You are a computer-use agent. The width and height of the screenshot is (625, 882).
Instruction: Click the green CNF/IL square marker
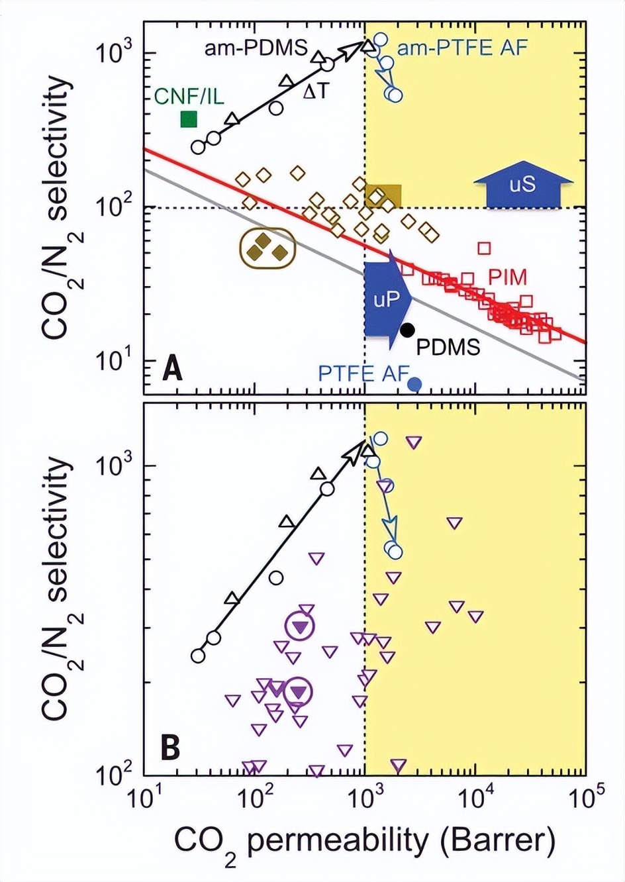189,119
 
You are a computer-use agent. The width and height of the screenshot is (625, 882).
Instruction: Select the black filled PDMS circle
407,329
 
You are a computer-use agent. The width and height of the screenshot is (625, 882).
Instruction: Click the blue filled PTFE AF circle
415,383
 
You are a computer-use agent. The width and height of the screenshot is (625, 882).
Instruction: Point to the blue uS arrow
522,185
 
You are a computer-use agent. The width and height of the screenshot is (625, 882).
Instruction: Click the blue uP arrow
387,300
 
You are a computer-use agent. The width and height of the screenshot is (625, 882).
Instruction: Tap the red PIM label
508,277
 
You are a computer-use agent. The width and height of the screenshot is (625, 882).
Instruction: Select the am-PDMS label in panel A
256,48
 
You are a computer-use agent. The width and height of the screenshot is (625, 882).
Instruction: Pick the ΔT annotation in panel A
315,91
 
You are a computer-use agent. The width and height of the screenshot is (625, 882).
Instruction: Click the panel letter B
171,748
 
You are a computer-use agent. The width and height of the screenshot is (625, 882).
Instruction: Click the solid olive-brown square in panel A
383,195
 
